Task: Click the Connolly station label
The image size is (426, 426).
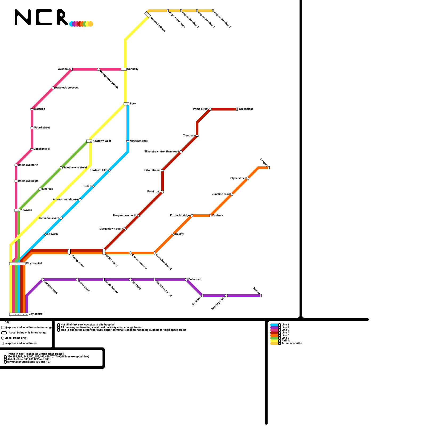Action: (x=133, y=69)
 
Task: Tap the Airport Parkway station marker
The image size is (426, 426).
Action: (x=148, y=14)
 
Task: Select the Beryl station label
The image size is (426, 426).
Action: (x=133, y=104)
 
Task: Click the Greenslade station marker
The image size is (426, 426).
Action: (x=237, y=109)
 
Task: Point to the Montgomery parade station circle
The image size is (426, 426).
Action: (x=99, y=69)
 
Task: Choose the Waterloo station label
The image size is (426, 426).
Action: (x=39, y=109)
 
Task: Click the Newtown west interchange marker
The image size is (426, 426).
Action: (x=89, y=141)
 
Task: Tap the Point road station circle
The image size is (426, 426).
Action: (x=162, y=192)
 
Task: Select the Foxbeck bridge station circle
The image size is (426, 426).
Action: (x=192, y=216)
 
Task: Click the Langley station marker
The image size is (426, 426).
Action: (x=269, y=168)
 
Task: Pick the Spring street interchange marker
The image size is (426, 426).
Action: (x=69, y=252)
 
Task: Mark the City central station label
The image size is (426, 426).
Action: (x=36, y=314)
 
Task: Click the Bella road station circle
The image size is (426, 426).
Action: (x=186, y=280)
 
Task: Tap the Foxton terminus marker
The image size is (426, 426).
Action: (x=261, y=296)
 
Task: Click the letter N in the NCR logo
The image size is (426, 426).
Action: (x=23, y=18)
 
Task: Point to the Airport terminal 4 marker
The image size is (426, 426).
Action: (x=213, y=11)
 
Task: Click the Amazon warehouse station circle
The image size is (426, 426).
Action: (x=80, y=200)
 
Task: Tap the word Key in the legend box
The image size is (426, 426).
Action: (x=7, y=322)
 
